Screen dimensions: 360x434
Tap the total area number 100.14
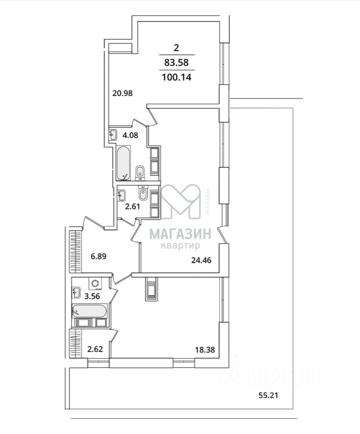tap(176, 77)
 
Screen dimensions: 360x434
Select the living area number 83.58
tap(176, 63)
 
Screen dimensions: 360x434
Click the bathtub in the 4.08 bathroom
tap(123, 163)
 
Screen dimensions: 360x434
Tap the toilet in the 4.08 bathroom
tap(140, 172)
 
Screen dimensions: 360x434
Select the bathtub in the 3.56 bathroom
tap(90, 311)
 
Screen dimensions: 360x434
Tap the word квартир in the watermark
tap(180, 246)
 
